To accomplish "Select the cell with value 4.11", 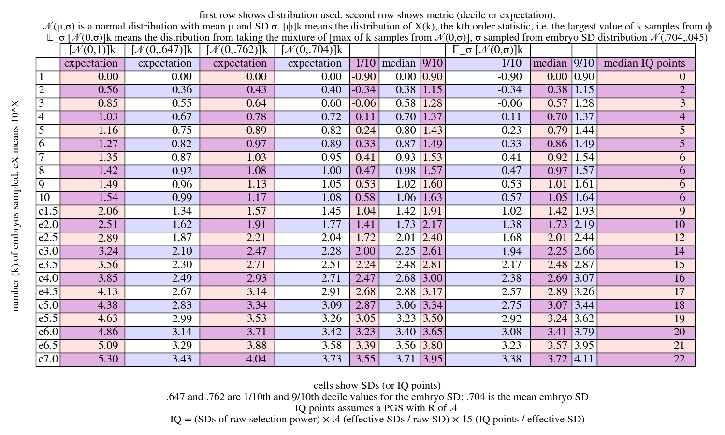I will tap(584, 359).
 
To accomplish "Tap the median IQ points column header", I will tap(645, 63).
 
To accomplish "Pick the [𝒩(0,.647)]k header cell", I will tap(162, 50).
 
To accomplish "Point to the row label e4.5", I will tap(48, 291).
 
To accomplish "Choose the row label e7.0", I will tap(48, 359).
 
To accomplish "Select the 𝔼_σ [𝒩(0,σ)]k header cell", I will tap(487, 50).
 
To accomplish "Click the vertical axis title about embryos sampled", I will tap(15, 205).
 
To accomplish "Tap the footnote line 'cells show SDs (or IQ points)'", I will tap(377, 385).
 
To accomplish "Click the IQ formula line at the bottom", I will tap(377, 419).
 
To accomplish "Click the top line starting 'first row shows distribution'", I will tap(377, 15).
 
